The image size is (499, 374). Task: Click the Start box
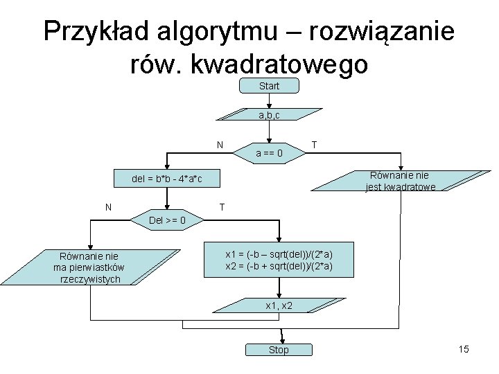269,86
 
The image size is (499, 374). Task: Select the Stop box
279,350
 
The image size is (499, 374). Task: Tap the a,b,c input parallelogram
269,115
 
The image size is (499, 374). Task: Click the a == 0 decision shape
268,152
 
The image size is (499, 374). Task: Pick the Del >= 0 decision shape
167,221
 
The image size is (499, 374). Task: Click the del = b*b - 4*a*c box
167,179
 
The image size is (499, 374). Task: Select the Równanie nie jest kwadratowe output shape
400,181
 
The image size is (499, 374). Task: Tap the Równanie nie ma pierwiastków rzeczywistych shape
89,267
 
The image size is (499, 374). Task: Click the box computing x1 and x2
279,260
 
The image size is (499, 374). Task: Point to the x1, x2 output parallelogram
279,305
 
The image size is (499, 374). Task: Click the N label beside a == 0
220,145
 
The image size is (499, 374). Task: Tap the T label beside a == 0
315,145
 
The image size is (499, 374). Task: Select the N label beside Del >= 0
109,206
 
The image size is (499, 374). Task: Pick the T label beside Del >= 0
221,206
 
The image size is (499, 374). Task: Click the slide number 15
464,349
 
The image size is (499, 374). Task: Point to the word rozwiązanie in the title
383,32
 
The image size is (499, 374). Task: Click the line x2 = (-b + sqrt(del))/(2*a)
279,267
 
